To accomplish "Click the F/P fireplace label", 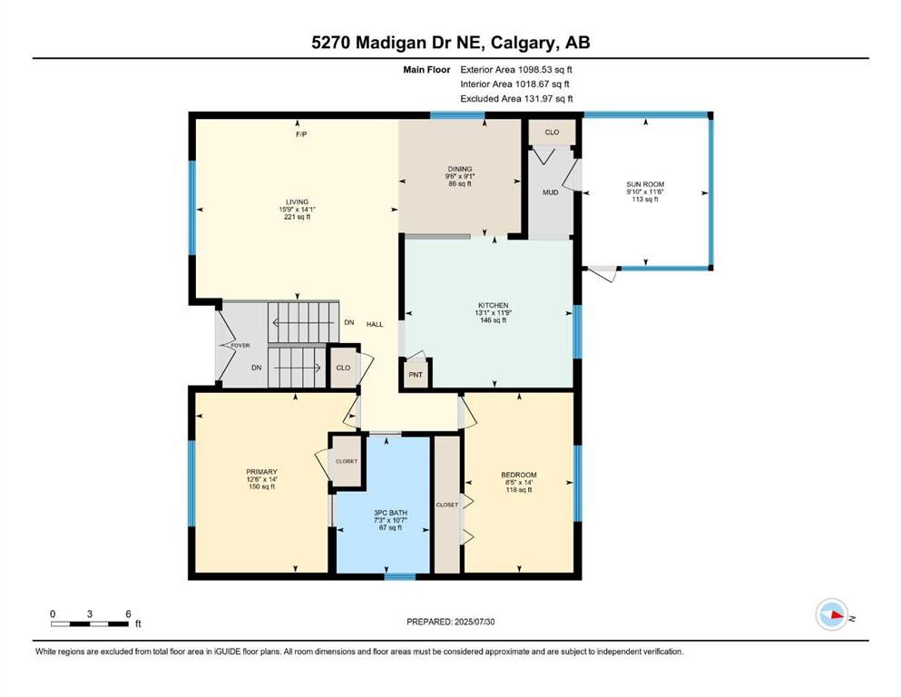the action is click(x=301, y=134).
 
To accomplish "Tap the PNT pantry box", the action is click(x=416, y=375).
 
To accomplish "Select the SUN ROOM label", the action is click(x=645, y=184).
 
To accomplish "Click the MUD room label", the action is click(x=551, y=191).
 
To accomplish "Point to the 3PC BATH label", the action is click(x=390, y=513).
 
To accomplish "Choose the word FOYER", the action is click(x=240, y=346).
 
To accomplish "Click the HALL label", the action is click(x=375, y=324).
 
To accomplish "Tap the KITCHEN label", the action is click(x=493, y=305).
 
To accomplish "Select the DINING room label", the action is click(x=460, y=169).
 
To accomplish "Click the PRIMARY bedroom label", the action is click(x=261, y=472).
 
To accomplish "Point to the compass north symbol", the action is click(x=832, y=614).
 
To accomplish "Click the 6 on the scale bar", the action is click(x=128, y=614).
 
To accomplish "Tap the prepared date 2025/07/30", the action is click(x=474, y=622).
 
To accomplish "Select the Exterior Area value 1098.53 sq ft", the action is click(x=545, y=70).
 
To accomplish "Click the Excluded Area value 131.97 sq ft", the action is click(x=548, y=98).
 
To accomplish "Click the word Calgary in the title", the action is click(x=523, y=43).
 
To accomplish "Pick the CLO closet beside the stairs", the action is click(x=343, y=368).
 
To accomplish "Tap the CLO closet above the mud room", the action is click(x=552, y=133).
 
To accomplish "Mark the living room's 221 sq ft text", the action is click(x=297, y=217).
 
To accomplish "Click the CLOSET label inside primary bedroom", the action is click(x=347, y=461).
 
